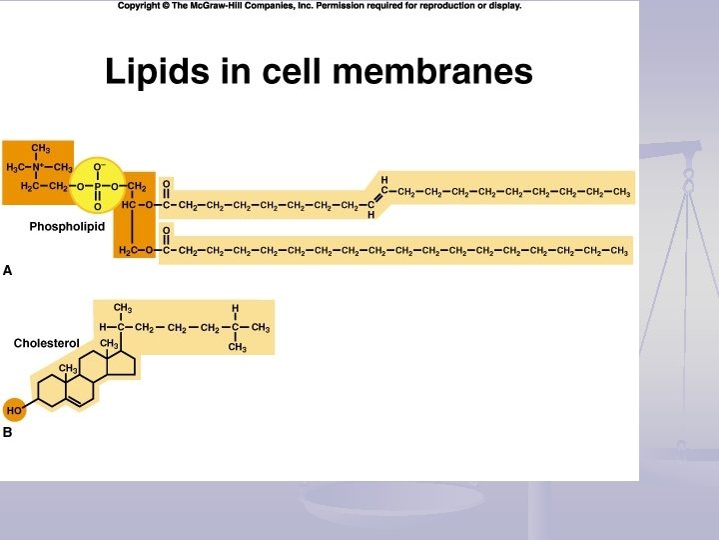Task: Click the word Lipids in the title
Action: [149, 71]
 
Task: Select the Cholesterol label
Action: [46, 343]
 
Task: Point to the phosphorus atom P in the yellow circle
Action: [98, 186]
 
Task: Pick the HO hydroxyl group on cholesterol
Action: [14, 410]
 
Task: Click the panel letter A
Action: [8, 270]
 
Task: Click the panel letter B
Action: [8, 433]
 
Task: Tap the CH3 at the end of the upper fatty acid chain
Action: [621, 193]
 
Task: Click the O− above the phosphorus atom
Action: [99, 166]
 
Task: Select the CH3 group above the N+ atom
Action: [41, 149]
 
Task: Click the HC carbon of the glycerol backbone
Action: [129, 206]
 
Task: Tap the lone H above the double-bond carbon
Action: [383, 179]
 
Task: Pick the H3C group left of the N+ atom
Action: [16, 167]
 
